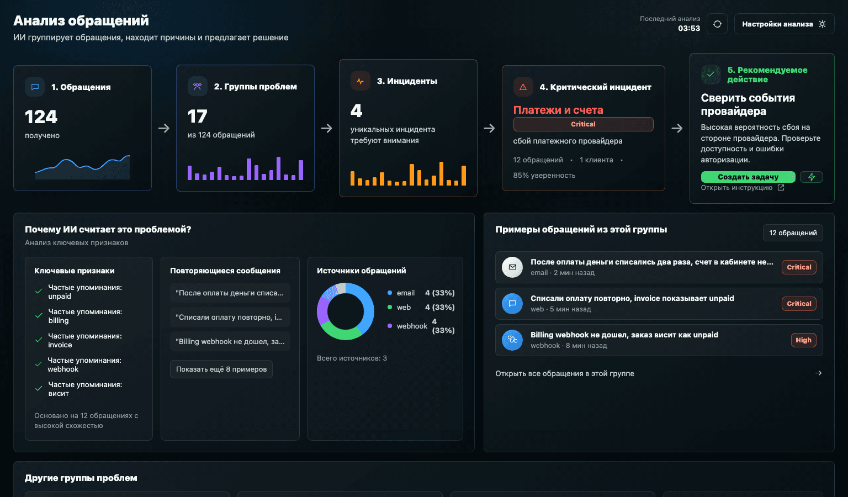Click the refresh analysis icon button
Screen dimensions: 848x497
click(x=717, y=24)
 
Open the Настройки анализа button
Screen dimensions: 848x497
click(x=784, y=24)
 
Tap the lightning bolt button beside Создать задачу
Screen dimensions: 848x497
click(x=811, y=177)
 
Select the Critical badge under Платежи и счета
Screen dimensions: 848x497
click(x=583, y=124)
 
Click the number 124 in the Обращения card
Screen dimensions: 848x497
click(x=41, y=117)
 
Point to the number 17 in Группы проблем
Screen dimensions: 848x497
click(x=197, y=117)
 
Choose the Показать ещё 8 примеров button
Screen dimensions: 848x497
click(x=221, y=369)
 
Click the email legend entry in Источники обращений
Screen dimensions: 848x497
click(x=405, y=293)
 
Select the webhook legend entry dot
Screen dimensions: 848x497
click(x=390, y=326)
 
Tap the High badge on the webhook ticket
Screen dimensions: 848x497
click(x=803, y=340)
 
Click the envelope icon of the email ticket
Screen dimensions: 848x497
click(x=512, y=267)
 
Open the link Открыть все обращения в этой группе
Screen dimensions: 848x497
click(x=564, y=373)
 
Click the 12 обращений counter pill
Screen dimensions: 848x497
click(x=793, y=232)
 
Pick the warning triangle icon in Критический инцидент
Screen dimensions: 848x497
click(x=523, y=87)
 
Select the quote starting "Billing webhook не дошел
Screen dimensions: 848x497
click(x=230, y=341)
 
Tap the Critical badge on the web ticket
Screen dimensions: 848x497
click(x=799, y=303)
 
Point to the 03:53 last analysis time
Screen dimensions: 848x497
click(x=689, y=28)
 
